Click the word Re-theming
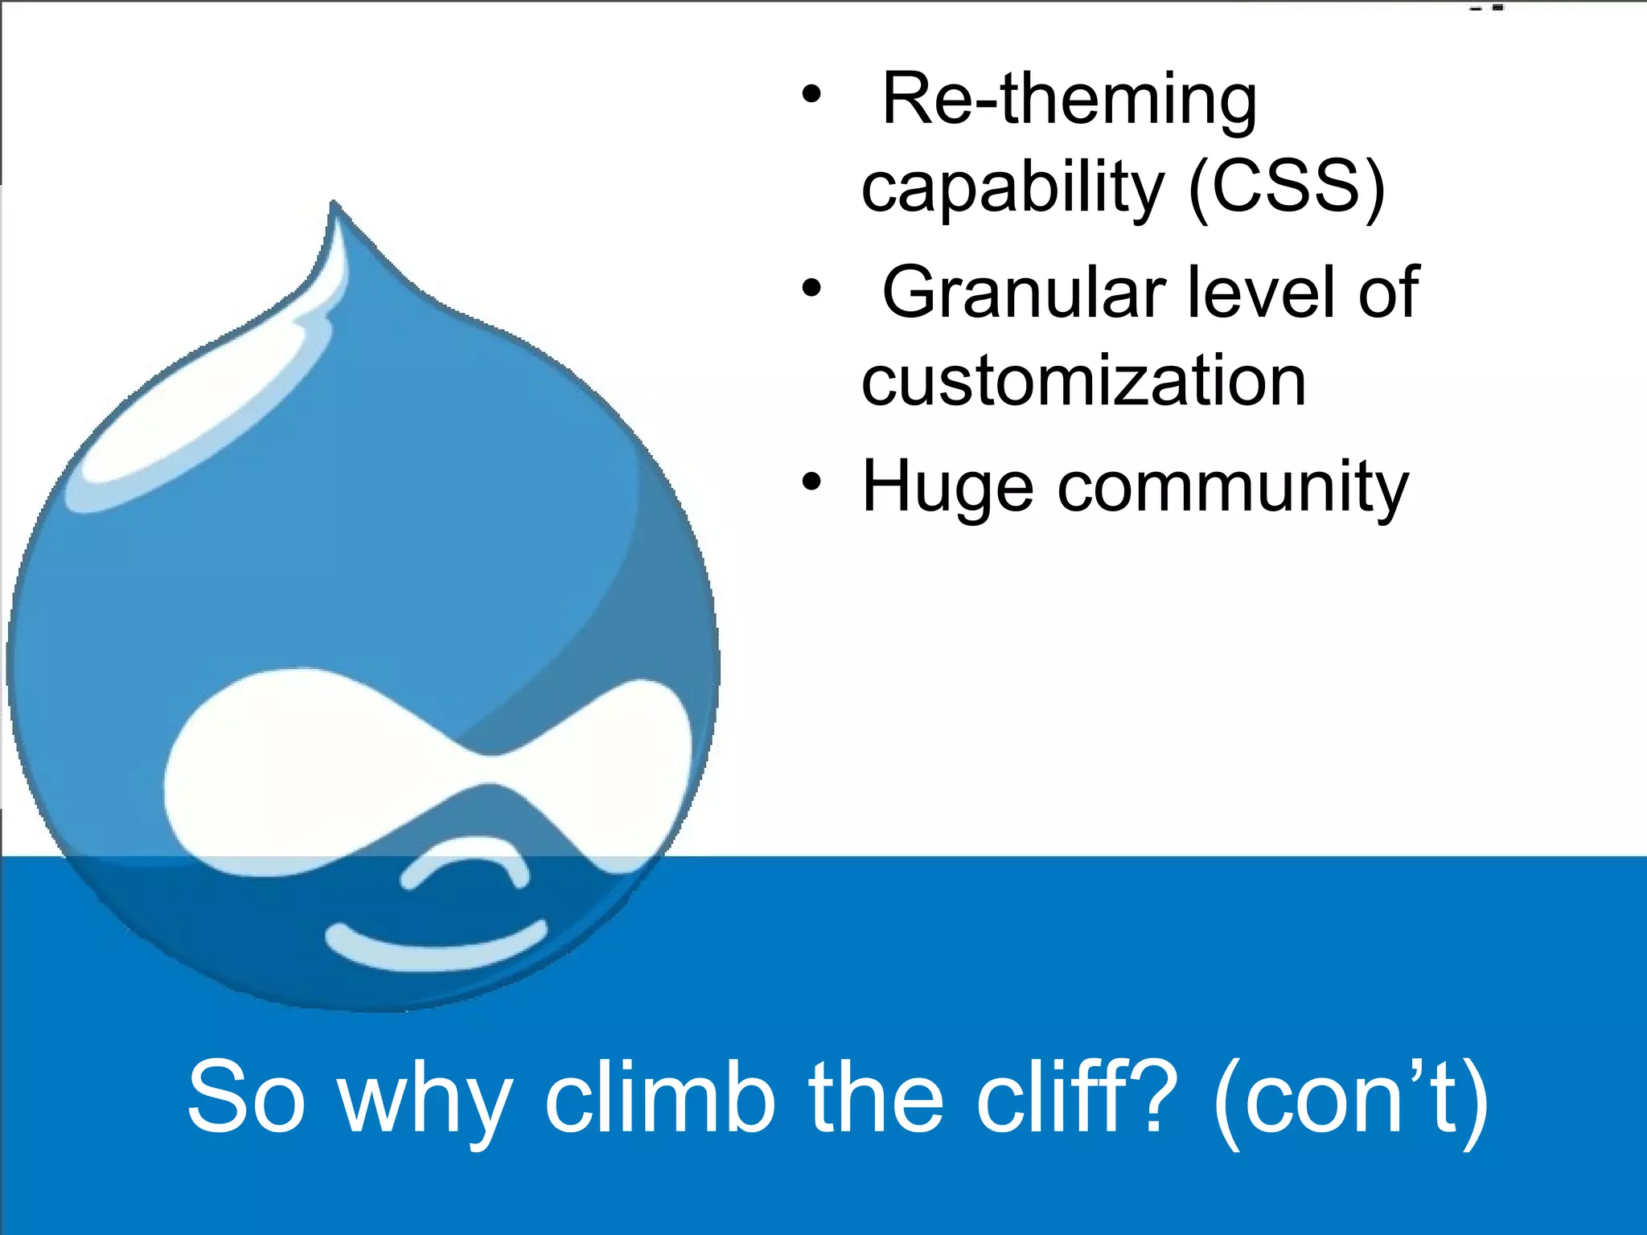coord(1069,101)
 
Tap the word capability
coord(1012,190)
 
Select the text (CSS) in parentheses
coord(1287,188)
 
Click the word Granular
coord(1024,293)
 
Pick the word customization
coord(1083,381)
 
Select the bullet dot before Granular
coord(811,287)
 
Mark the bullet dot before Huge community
coord(811,482)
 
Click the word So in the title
coord(247,1098)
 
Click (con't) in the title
coord(1351,1098)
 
